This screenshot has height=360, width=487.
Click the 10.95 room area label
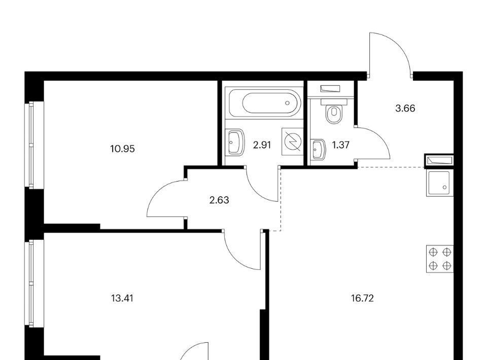coord(122,149)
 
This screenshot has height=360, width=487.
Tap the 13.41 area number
coord(122,299)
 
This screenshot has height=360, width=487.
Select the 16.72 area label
coord(362,299)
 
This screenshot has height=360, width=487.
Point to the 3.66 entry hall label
coord(405,109)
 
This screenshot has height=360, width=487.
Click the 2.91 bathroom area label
coord(262,145)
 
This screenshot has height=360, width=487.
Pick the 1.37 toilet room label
coord(341,145)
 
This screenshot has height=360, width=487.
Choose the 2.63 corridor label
coord(219,200)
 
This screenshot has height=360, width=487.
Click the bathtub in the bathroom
coord(264,103)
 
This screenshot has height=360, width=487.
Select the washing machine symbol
coord(293,141)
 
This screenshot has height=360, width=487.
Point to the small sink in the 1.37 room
coord(318,149)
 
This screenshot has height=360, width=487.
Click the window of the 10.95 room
coord(31,145)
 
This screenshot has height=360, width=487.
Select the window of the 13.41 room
coord(31,283)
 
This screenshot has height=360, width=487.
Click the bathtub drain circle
coord(288,103)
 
